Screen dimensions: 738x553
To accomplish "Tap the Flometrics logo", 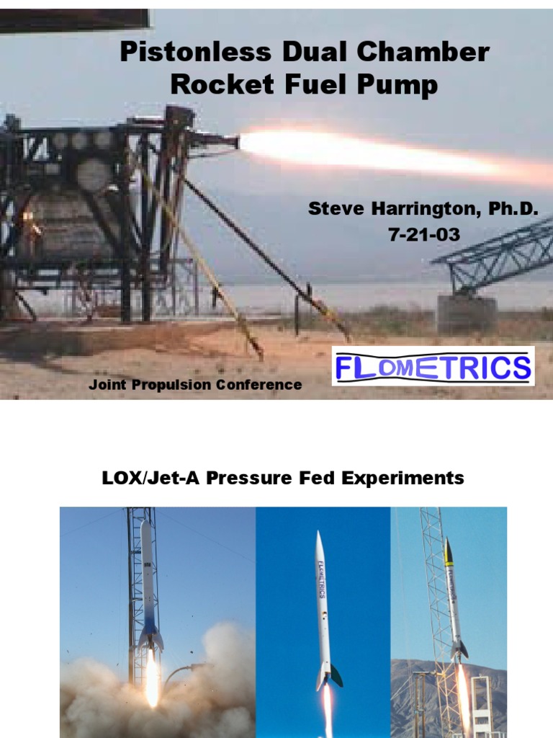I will coord(433,366).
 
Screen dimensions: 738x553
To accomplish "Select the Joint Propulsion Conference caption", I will coord(195,385).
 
